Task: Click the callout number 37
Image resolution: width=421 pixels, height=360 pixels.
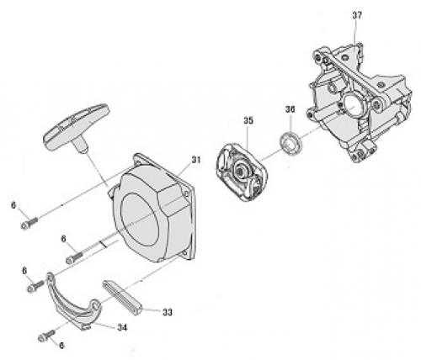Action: pyautogui.click(x=357, y=15)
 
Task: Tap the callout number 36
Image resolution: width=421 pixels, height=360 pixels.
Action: pyautogui.click(x=290, y=109)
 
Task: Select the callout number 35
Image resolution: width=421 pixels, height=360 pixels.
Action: pyautogui.click(x=248, y=120)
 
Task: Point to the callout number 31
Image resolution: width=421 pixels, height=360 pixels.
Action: pyautogui.click(x=196, y=160)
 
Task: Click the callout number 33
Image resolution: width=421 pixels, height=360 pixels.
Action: pyautogui.click(x=168, y=312)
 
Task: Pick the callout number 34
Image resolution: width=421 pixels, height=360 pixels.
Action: pyautogui.click(x=122, y=327)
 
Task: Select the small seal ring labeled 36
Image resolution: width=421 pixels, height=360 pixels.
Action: pyautogui.click(x=291, y=142)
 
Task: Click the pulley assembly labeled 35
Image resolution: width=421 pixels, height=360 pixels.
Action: pyautogui.click(x=241, y=172)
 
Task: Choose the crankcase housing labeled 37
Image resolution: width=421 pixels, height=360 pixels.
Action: pyautogui.click(x=360, y=103)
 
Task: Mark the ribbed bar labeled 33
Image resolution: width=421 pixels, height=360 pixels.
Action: pyautogui.click(x=122, y=297)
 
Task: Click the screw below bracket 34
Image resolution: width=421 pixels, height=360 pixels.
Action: pyautogui.click(x=46, y=336)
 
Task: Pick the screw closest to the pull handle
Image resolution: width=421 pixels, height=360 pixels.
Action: pyautogui.click(x=29, y=223)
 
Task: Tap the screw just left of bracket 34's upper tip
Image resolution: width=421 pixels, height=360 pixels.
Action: pyautogui.click(x=35, y=286)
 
